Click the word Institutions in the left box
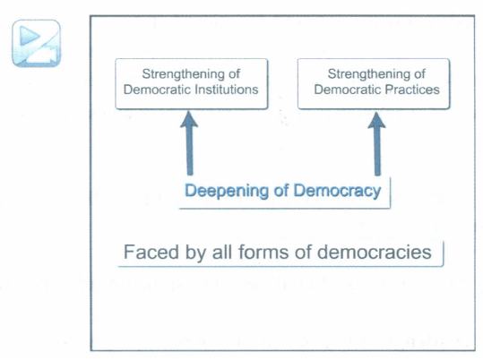click(227, 90)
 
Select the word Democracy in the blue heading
click(337, 191)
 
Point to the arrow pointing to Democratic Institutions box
click(189, 143)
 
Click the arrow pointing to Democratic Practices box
click(376, 144)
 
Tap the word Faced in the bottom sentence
click(151, 252)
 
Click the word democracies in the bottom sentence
click(375, 253)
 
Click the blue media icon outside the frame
click(37, 43)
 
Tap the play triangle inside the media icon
click(29, 36)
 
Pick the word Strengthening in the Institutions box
click(180, 74)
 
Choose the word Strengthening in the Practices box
click(366, 74)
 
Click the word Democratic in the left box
click(157, 90)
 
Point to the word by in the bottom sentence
click(195, 253)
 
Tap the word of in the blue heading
click(281, 191)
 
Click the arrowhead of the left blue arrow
click(189, 119)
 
